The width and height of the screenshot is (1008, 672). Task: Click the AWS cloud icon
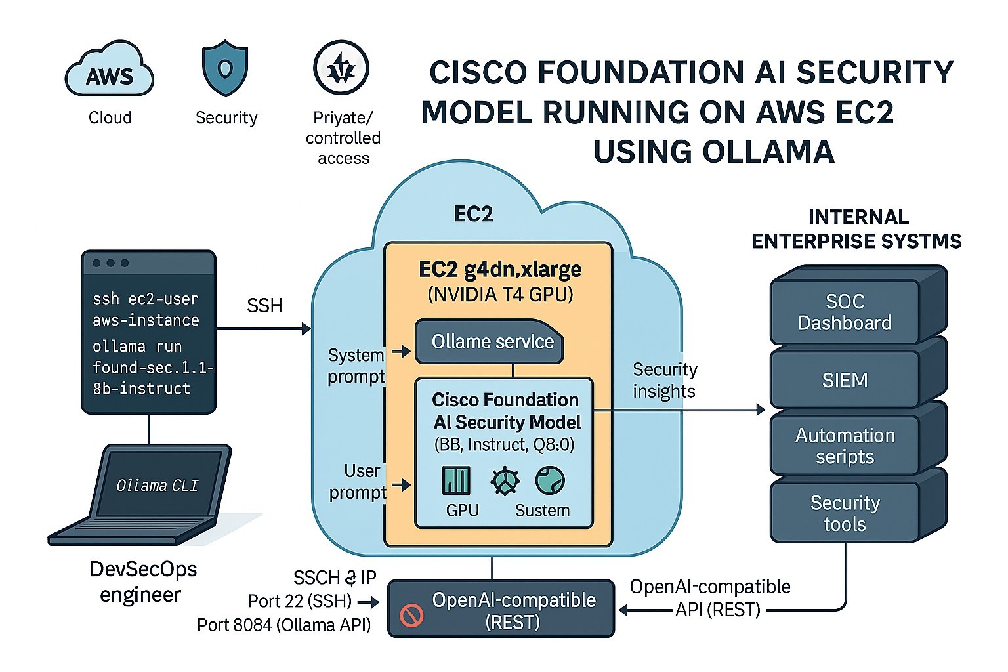[110, 70]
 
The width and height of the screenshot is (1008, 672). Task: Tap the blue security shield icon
[225, 68]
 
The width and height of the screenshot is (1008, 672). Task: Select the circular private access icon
[341, 68]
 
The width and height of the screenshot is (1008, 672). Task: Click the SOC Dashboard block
[845, 312]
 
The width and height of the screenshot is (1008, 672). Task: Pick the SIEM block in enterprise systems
[845, 380]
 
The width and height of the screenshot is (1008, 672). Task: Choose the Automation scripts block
[845, 446]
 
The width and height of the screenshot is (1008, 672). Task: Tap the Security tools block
[845, 513]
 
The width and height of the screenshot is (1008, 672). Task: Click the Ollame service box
[492, 341]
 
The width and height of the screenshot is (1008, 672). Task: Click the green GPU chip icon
[457, 480]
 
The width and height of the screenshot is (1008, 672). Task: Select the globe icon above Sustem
[549, 480]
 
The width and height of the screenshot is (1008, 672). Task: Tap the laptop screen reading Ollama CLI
[157, 485]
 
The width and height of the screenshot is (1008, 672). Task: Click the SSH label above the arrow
[264, 305]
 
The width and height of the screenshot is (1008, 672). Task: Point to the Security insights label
[664, 380]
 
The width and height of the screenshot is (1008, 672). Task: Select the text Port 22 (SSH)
[300, 601]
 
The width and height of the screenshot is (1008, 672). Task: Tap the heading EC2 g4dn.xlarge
[500, 270]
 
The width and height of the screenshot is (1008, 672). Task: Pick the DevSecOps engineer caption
[142, 581]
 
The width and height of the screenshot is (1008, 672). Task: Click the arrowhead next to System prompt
[405, 352]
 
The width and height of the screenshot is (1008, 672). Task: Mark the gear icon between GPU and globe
[505, 480]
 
